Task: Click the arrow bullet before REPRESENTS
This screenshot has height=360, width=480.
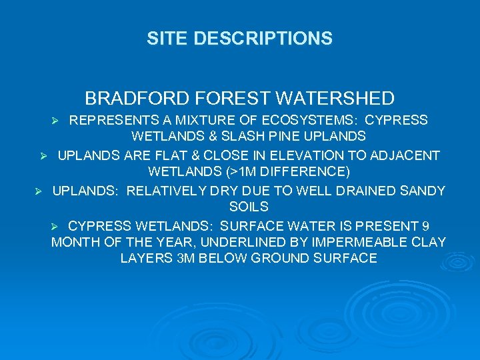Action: [57, 121]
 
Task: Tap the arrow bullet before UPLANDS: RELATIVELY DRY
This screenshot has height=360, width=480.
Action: [38, 191]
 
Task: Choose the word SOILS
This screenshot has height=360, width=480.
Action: [249, 207]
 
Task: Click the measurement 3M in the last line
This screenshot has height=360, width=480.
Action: [183, 258]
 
